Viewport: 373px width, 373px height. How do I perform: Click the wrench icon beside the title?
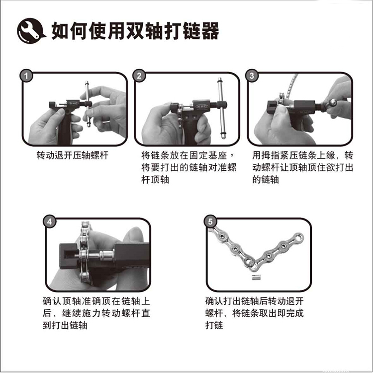pos(31,31)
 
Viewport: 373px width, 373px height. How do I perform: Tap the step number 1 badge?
pos(26,76)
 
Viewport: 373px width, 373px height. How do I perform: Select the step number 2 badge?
pos(139,76)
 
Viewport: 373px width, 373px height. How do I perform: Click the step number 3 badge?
pos(252,76)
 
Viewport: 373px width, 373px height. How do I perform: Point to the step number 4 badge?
pos(49,222)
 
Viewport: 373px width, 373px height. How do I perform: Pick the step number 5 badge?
pos(210,222)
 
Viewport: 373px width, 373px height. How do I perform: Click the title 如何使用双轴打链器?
pos(135,31)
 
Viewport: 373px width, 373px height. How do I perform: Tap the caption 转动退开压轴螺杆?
pos(72,155)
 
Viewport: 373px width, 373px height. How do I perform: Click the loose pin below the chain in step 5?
pos(255,277)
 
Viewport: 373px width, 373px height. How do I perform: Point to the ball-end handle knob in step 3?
pos(332,103)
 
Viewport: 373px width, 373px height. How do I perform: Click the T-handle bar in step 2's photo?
pos(221,108)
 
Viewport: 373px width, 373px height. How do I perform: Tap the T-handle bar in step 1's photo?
pos(88,104)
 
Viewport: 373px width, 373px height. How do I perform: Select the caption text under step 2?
pos(188,167)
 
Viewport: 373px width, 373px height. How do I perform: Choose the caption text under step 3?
pos(302,167)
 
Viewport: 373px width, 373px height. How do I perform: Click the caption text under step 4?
pos(96,313)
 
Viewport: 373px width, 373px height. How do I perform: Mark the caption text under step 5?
pos(255,313)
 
